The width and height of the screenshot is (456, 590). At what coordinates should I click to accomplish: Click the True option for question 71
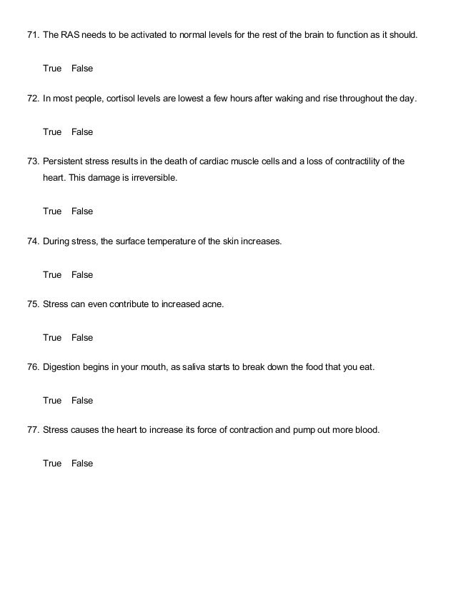point(52,69)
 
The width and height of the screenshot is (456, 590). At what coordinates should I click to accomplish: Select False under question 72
point(82,132)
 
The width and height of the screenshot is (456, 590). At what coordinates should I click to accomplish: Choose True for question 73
point(52,211)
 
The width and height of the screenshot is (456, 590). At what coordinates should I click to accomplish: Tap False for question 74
point(82,274)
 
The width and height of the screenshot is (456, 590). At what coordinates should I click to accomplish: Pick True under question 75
point(52,337)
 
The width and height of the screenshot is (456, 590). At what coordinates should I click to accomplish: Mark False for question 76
point(82,401)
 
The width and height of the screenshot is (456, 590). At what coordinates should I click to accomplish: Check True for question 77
point(52,464)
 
